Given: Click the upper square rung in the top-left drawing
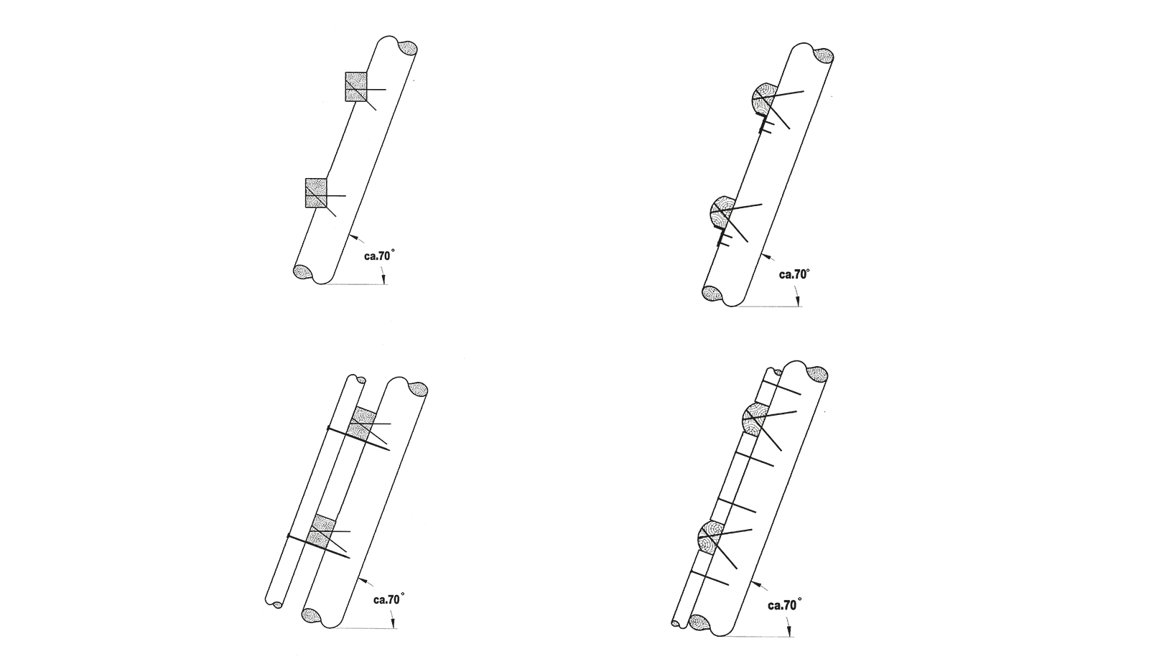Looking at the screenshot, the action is point(355,86).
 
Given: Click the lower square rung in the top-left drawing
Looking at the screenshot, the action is point(316,192).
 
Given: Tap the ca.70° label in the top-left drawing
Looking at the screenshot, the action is point(379,256).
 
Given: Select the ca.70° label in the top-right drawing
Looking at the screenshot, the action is point(794,274).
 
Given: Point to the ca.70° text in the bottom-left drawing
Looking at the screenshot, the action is point(389,599).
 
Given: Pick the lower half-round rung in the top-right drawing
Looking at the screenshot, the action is point(722,212).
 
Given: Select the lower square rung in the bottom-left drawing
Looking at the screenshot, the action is point(323,531).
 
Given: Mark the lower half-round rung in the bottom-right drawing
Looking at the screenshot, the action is point(710,538).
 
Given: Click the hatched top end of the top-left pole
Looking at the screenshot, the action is point(408,49).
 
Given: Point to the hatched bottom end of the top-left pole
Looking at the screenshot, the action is point(302,272).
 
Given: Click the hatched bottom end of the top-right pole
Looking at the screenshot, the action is point(712,293).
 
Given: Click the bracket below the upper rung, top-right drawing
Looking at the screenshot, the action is point(765,124).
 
